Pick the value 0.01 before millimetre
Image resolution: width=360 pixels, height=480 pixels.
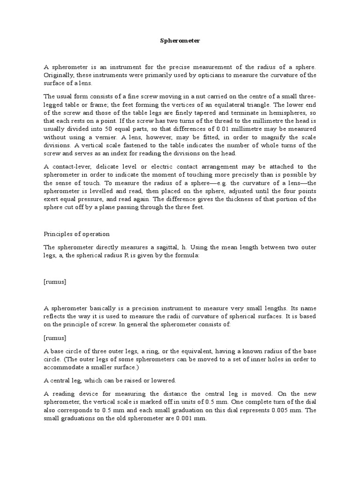pos(244,128)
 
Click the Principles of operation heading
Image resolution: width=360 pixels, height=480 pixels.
pos(76,234)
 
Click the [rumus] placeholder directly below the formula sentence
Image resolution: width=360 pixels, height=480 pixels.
pos(55,281)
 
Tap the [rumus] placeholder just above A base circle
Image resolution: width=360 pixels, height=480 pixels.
pos(55,338)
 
